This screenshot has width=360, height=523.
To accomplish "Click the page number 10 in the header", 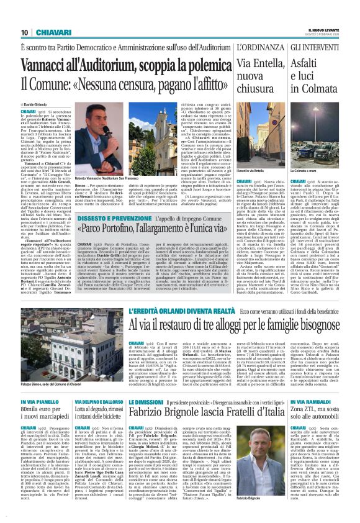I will [x=24, y=32].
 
